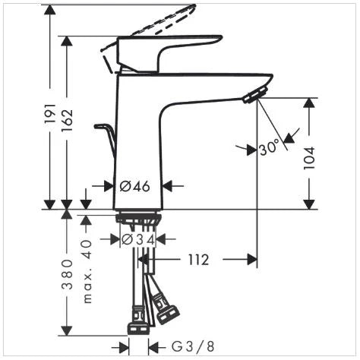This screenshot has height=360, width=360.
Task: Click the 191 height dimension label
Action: [x=50, y=113]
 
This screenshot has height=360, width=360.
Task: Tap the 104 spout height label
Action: [x=309, y=158]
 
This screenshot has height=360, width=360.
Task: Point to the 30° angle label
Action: [x=270, y=148]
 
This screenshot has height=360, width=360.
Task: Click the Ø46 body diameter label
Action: [x=134, y=187]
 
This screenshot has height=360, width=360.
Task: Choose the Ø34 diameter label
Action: [x=138, y=239]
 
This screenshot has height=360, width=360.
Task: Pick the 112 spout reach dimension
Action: [x=199, y=260]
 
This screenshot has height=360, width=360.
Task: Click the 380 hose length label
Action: [x=67, y=274]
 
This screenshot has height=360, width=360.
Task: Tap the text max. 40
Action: [x=87, y=271]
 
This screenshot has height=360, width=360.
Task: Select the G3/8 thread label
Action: [x=193, y=346]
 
